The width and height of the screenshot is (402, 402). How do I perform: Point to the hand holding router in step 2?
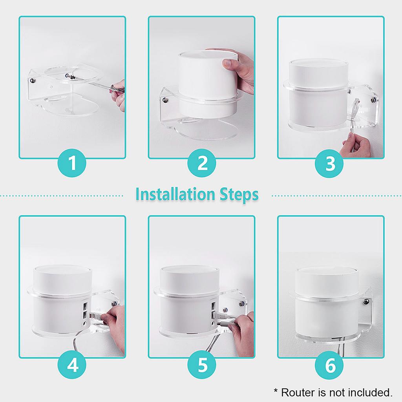pyautogui.click(x=236, y=71)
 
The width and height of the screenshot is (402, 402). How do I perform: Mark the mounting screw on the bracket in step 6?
pyautogui.click(x=365, y=302)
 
